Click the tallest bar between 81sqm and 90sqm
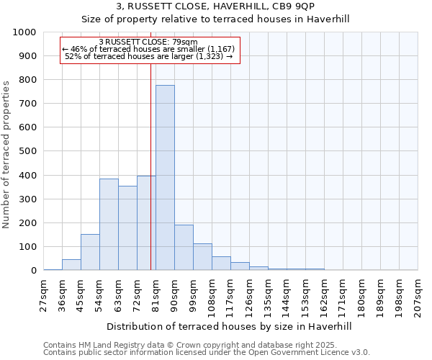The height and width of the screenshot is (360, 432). point(165,178)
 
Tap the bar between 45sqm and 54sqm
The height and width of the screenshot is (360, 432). point(90,252)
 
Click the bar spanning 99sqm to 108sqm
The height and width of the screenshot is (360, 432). point(202,257)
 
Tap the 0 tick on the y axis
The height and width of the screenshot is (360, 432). point(33,271)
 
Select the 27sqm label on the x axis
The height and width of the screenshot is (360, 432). point(44,295)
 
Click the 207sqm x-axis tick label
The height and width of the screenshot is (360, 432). point(418,295)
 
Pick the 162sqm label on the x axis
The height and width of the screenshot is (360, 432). point(325,295)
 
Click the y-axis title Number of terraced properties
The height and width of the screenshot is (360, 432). point(6,154)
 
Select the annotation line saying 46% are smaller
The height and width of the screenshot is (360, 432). point(149,48)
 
